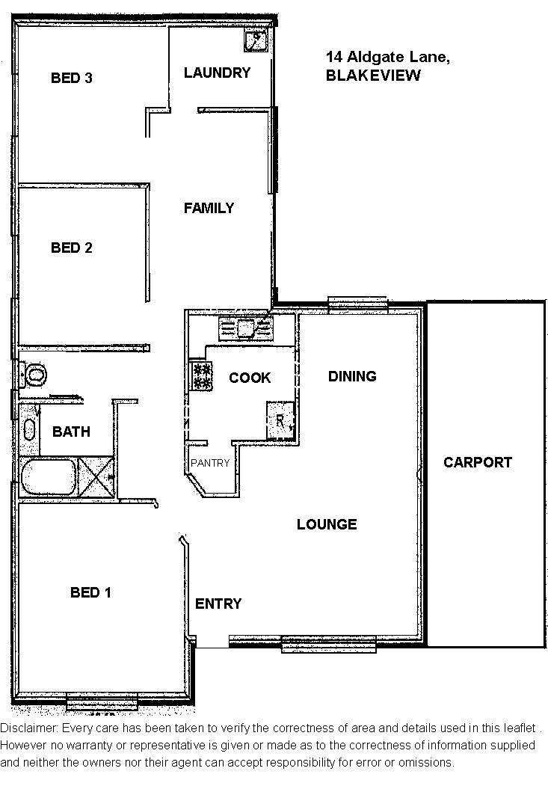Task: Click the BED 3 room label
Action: (72, 78)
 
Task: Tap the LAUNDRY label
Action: (217, 73)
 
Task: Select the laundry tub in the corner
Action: (256, 40)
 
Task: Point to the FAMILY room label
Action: (209, 208)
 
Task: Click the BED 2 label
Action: (72, 248)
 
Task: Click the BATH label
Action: (71, 432)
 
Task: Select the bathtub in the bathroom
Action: (49, 476)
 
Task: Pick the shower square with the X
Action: (96, 476)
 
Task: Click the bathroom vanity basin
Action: (30, 429)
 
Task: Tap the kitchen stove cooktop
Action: (201, 376)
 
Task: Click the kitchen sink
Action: (246, 328)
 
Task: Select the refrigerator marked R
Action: (280, 420)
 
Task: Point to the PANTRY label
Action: (210, 463)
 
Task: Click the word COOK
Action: (250, 378)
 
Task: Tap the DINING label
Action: (352, 376)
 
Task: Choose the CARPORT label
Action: (478, 462)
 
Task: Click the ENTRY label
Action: (218, 604)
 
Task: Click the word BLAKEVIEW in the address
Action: (373, 76)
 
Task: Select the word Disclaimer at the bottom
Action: (28, 728)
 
